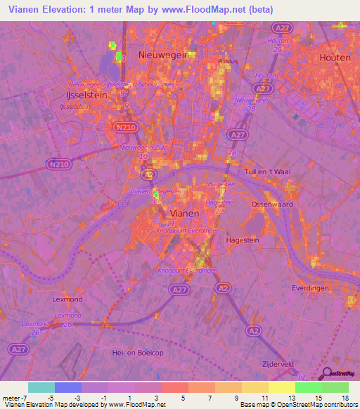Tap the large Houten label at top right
pyautogui.click(x=335, y=58)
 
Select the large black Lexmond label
pyautogui.click(x=68, y=299)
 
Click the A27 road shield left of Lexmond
pyautogui.click(x=16, y=349)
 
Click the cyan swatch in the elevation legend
pyautogui.click(x=41, y=387)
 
